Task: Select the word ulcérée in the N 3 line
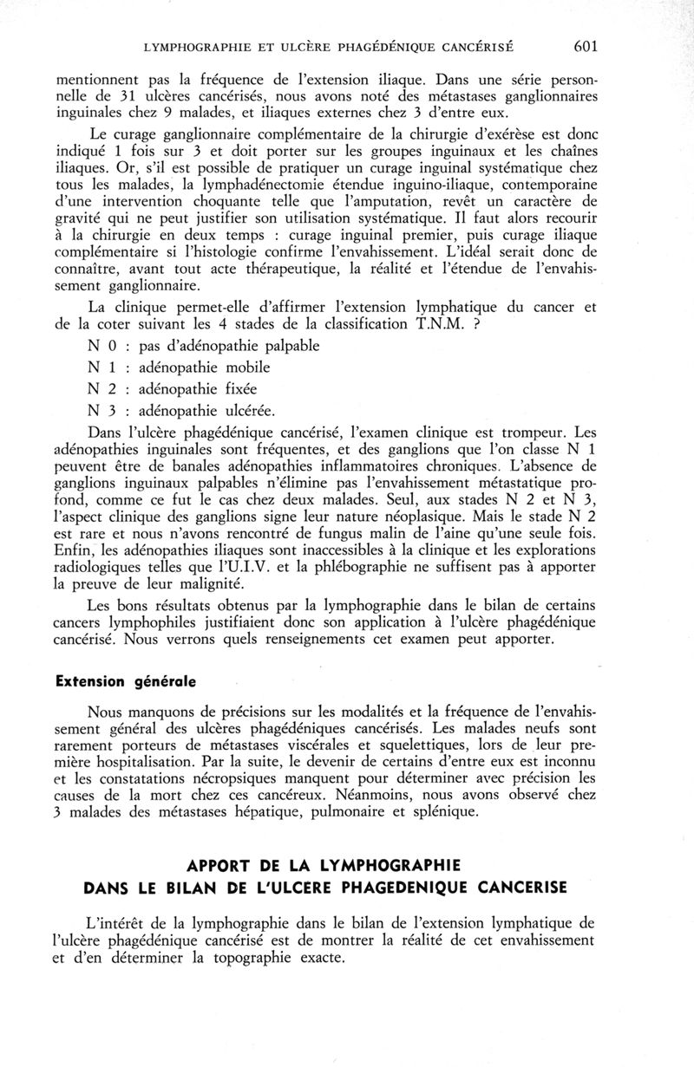coord(259,409)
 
